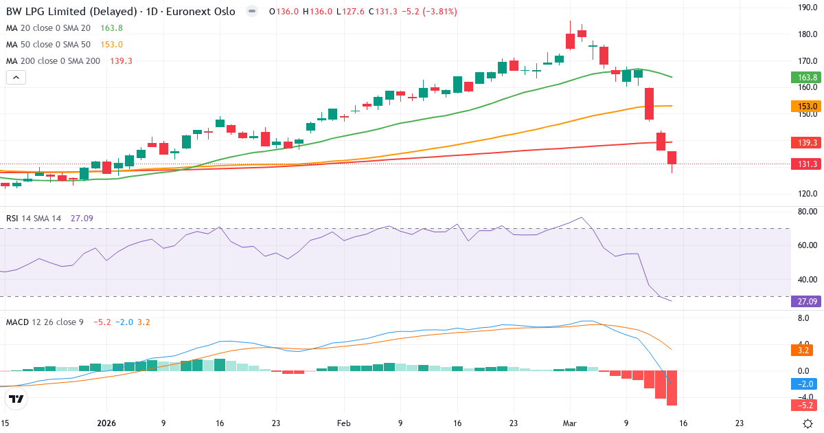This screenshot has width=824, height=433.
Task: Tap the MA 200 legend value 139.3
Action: [121, 61]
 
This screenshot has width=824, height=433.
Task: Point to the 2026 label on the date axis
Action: [107, 423]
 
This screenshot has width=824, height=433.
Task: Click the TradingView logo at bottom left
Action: [16, 399]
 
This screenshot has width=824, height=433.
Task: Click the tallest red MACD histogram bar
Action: [672, 388]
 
